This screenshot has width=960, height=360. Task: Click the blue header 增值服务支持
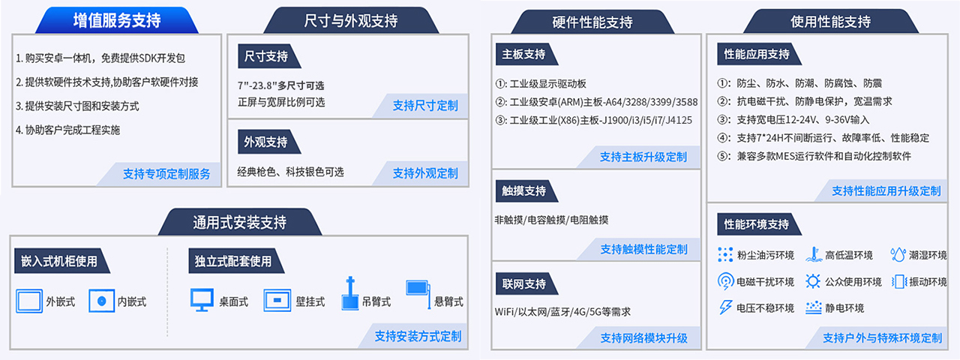(x=116, y=20)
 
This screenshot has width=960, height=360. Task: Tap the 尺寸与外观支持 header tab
(x=351, y=20)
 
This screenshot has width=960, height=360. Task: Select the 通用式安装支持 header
(x=239, y=222)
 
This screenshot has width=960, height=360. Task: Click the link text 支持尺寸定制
(x=425, y=106)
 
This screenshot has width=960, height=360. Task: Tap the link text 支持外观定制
(x=425, y=173)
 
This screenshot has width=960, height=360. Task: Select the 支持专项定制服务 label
(x=166, y=173)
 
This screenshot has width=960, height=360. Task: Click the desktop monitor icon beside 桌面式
(x=202, y=300)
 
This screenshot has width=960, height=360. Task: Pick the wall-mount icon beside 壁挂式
(x=277, y=301)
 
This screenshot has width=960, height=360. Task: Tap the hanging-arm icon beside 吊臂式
(x=350, y=293)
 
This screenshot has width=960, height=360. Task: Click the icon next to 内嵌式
(x=101, y=301)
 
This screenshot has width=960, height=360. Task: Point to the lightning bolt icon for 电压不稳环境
(x=725, y=307)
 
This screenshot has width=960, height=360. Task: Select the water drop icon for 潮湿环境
(x=898, y=254)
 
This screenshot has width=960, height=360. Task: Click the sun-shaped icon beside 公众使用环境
(x=812, y=281)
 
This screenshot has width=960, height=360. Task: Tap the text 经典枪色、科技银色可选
(x=290, y=172)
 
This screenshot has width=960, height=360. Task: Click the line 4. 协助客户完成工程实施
(x=67, y=130)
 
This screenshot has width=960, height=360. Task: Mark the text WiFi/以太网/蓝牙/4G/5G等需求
(x=562, y=311)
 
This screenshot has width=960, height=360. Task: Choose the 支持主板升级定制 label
(x=643, y=157)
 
